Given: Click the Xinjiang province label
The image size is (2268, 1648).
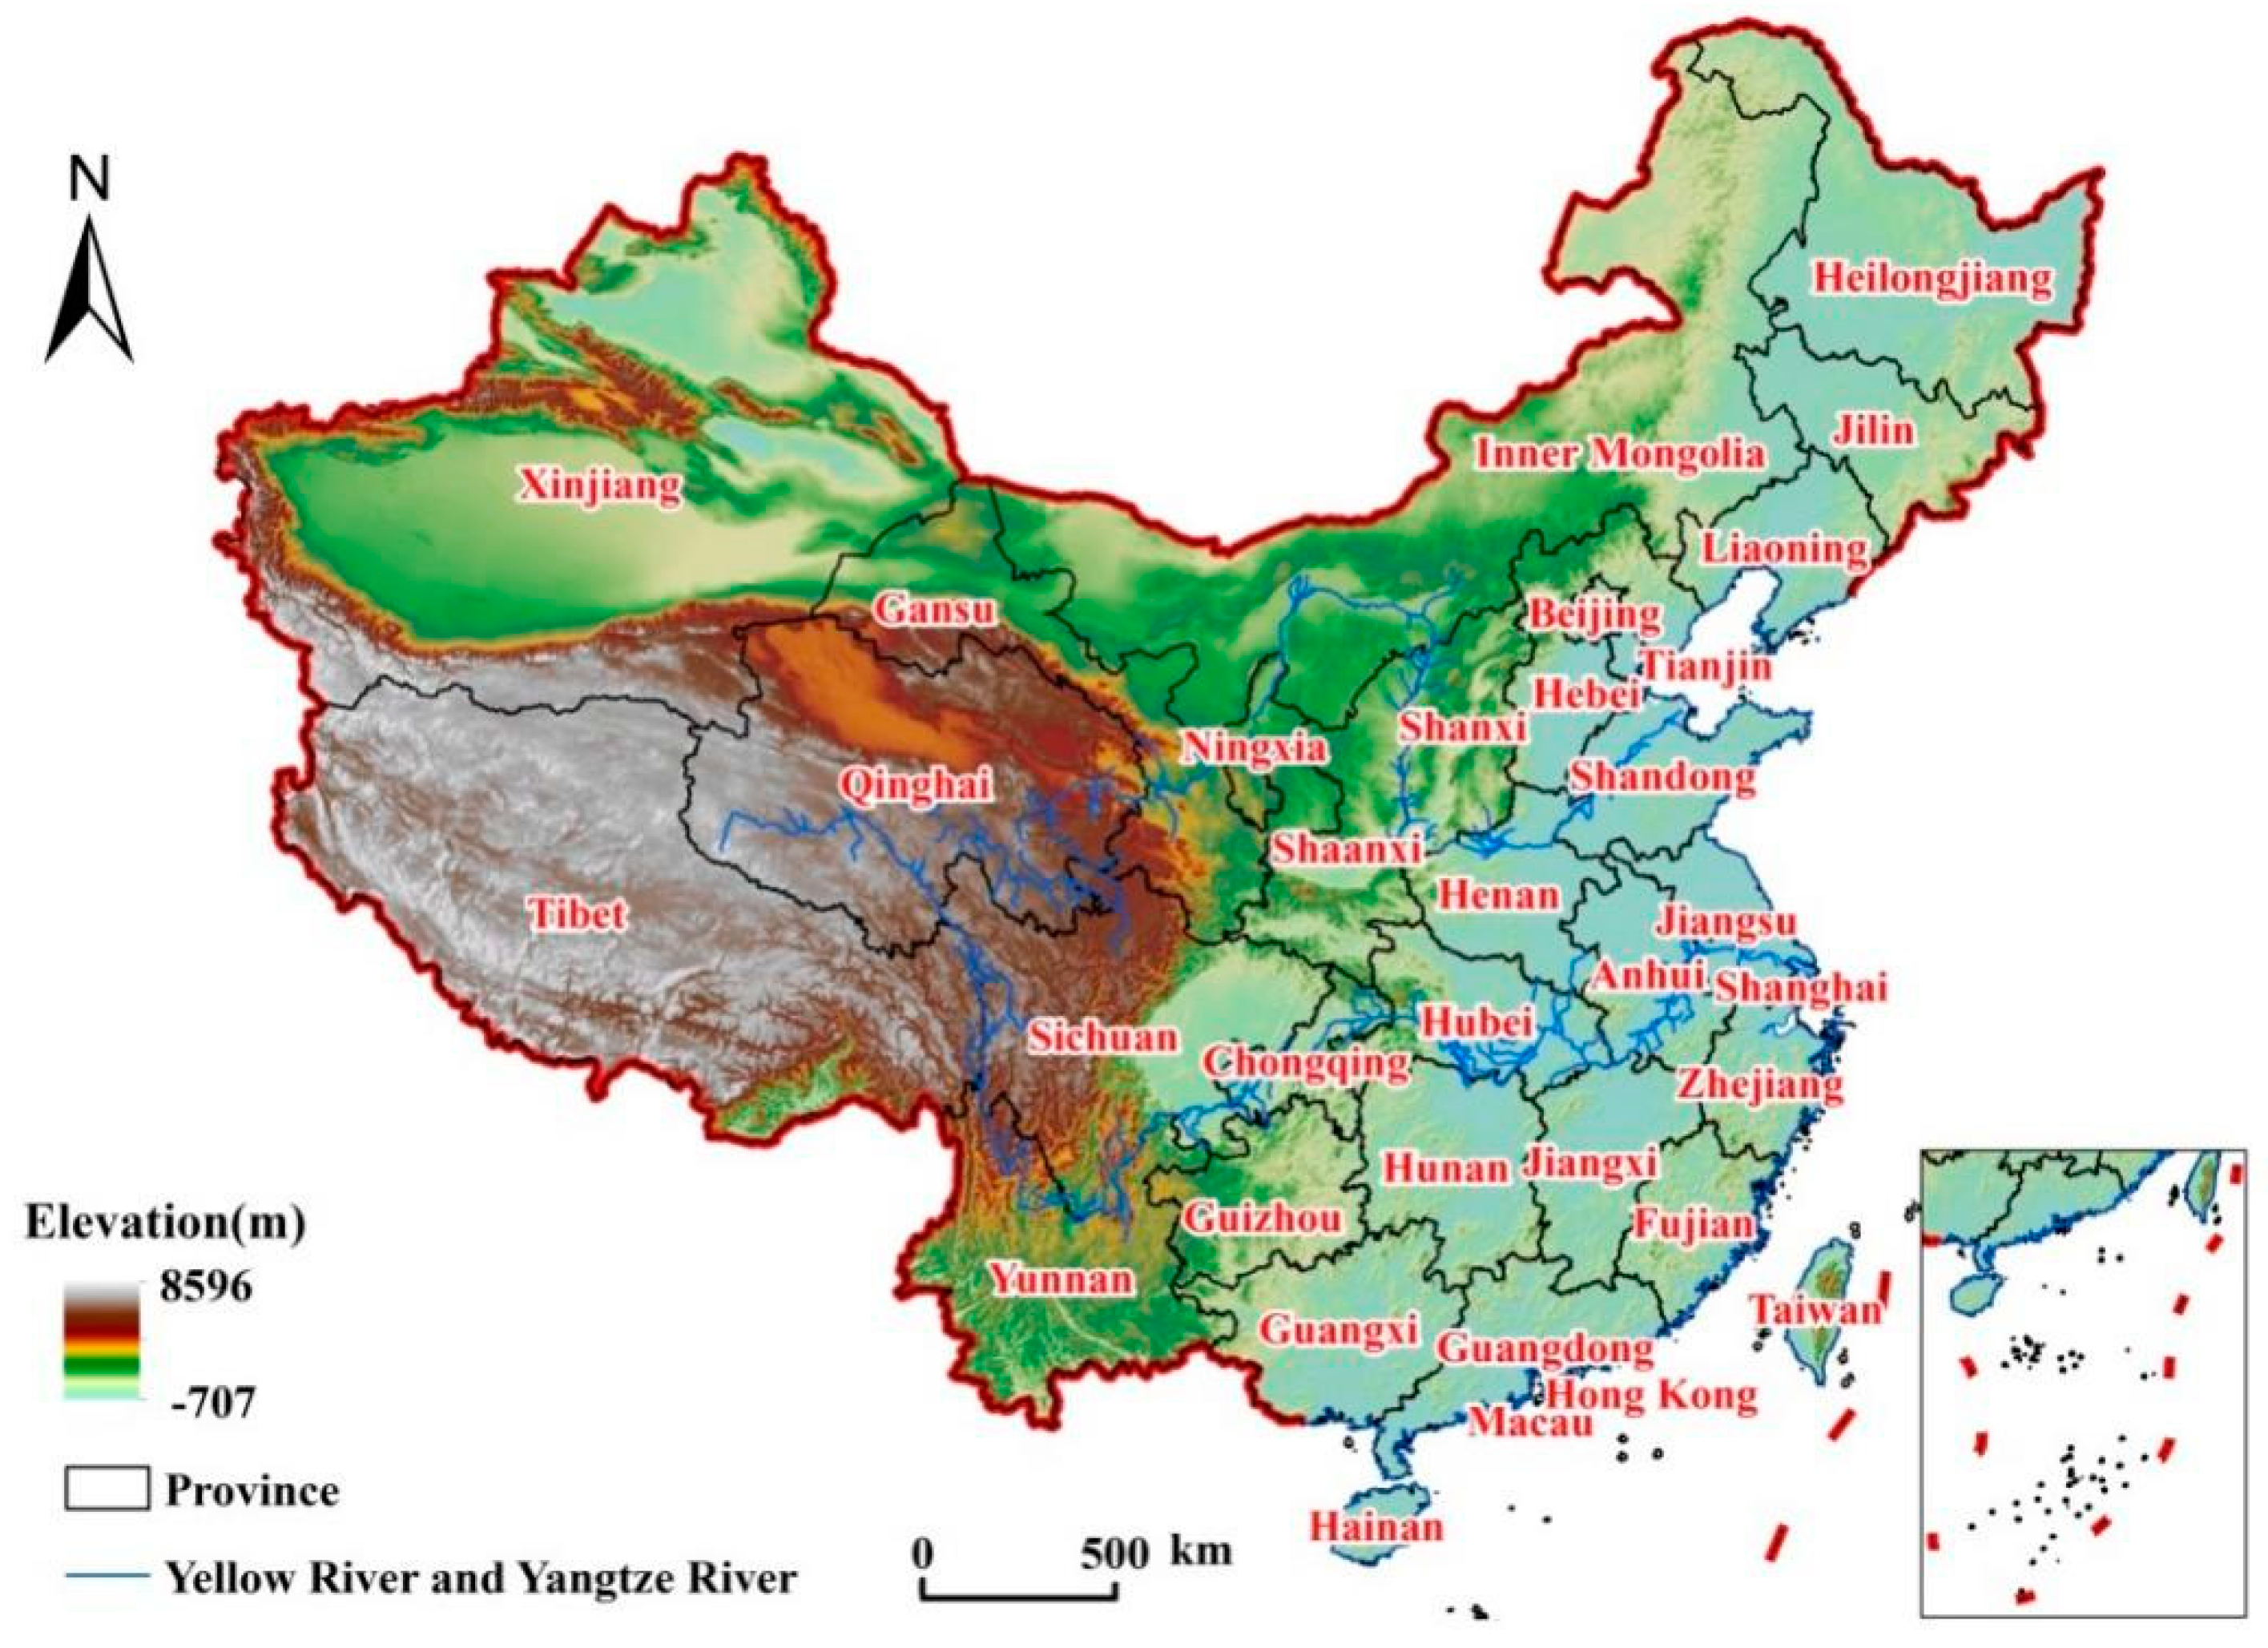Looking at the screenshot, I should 600,487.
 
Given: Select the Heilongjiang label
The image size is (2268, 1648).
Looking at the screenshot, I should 1933,278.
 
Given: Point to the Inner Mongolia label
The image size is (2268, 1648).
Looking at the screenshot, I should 1620,454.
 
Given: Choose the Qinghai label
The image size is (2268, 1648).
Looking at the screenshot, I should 915,785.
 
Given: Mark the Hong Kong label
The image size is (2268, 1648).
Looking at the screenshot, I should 1652,1394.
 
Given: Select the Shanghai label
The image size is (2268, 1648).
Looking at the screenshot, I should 1800,988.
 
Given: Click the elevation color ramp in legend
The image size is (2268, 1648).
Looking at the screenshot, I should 101,1340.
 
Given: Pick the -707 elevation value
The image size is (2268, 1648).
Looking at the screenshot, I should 212,1403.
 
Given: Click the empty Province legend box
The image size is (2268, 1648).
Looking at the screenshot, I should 107,1489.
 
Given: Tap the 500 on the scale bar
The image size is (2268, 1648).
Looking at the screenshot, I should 1114,1553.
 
